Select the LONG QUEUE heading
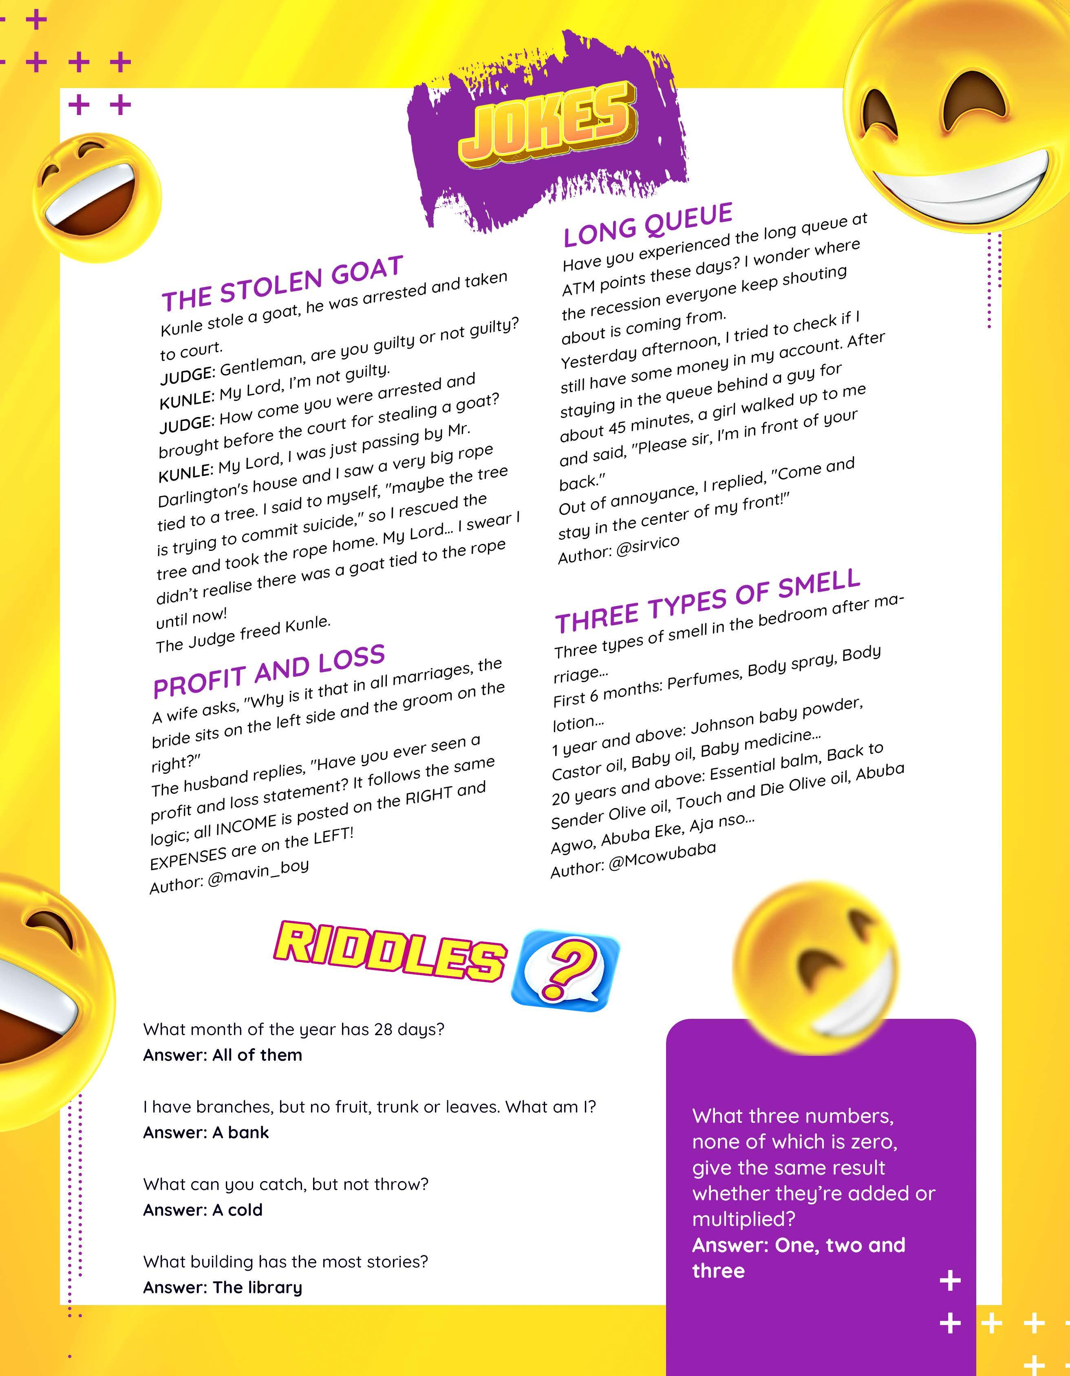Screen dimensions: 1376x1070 [648, 225]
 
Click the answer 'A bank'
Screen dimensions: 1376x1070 [240, 1132]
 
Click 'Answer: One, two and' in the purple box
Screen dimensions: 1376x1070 [799, 1245]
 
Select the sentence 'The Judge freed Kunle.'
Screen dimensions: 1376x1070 [243, 634]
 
